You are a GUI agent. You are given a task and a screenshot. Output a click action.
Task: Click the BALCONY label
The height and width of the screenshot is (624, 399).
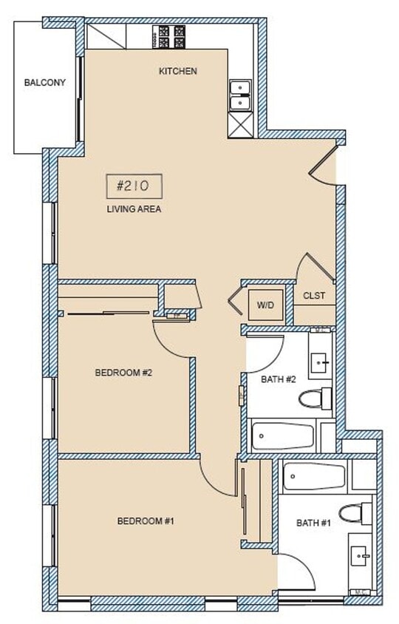tap(44, 83)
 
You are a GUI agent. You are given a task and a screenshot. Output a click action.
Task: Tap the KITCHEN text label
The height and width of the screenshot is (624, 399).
tap(178, 72)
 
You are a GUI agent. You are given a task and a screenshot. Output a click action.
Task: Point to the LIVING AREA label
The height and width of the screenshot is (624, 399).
tap(134, 209)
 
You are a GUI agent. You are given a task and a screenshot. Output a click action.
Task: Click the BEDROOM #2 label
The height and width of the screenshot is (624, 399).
tap(123, 373)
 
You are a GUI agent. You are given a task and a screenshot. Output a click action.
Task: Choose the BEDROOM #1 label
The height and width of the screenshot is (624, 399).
tap(146, 521)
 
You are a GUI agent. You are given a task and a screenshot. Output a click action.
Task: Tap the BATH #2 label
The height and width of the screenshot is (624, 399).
tap(279, 379)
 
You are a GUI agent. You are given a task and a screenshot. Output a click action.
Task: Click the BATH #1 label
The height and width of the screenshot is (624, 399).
tap(313, 523)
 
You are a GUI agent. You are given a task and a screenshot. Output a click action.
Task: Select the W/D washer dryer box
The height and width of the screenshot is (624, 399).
tap(265, 304)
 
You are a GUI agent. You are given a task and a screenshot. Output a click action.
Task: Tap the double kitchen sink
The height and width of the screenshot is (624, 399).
tap(240, 95)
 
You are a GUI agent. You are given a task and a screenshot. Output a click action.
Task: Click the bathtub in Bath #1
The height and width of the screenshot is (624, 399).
tap(315, 477)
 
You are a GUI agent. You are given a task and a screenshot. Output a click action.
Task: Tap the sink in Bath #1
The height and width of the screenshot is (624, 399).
tap(361, 554)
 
